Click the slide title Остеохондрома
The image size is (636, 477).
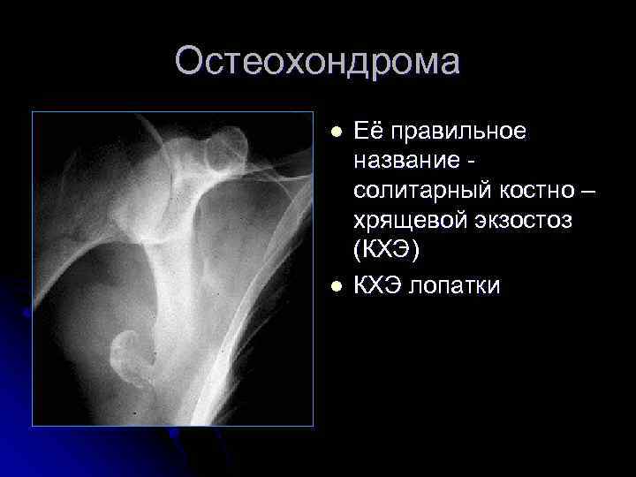pyautogui.click(x=317, y=63)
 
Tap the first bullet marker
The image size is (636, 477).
pyautogui.click(x=335, y=132)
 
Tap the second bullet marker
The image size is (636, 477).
pyautogui.click(x=335, y=284)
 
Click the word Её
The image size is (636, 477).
pyautogui.click(x=369, y=131)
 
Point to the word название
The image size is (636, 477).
pyautogui.click(x=407, y=161)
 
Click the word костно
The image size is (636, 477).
pyautogui.click(x=521, y=192)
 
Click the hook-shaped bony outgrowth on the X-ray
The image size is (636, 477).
pyautogui.click(x=131, y=352)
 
